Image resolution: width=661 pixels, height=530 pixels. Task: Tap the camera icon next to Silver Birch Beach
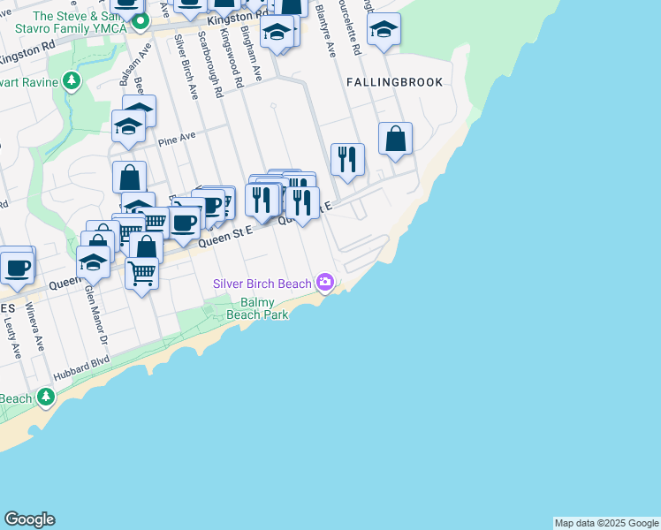tap(326, 283)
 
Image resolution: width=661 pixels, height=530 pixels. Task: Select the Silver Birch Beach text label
tap(262, 284)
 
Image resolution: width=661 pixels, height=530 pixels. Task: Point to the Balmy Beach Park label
tap(257, 308)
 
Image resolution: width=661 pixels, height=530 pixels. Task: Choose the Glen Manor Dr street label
tap(95, 314)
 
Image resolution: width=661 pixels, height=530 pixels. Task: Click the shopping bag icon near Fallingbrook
tap(396, 138)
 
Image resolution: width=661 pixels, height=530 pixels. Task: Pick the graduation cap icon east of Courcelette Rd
tap(384, 30)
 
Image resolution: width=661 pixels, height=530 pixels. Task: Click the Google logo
tap(29, 519)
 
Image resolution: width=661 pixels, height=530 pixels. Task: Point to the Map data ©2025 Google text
tap(606, 523)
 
